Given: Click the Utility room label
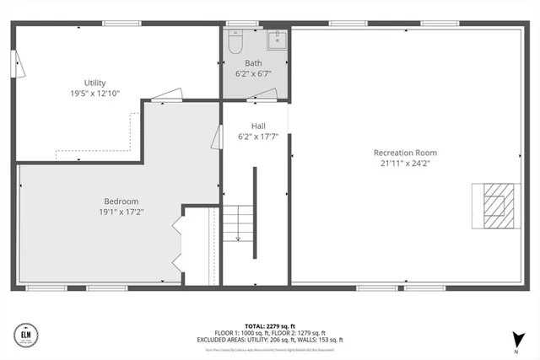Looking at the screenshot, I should click(94, 83).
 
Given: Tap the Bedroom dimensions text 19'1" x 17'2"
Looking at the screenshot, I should click(121, 212).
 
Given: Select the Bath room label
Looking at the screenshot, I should click(253, 63).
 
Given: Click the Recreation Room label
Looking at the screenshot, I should click(406, 153).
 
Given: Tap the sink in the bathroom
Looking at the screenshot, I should click(275, 39).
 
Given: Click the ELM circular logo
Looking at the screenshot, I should click(24, 335).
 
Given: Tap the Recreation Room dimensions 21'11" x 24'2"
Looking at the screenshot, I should click(406, 164).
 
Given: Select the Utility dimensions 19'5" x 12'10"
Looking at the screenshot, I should click(94, 93).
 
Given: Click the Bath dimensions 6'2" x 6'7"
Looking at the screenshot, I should click(253, 74).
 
